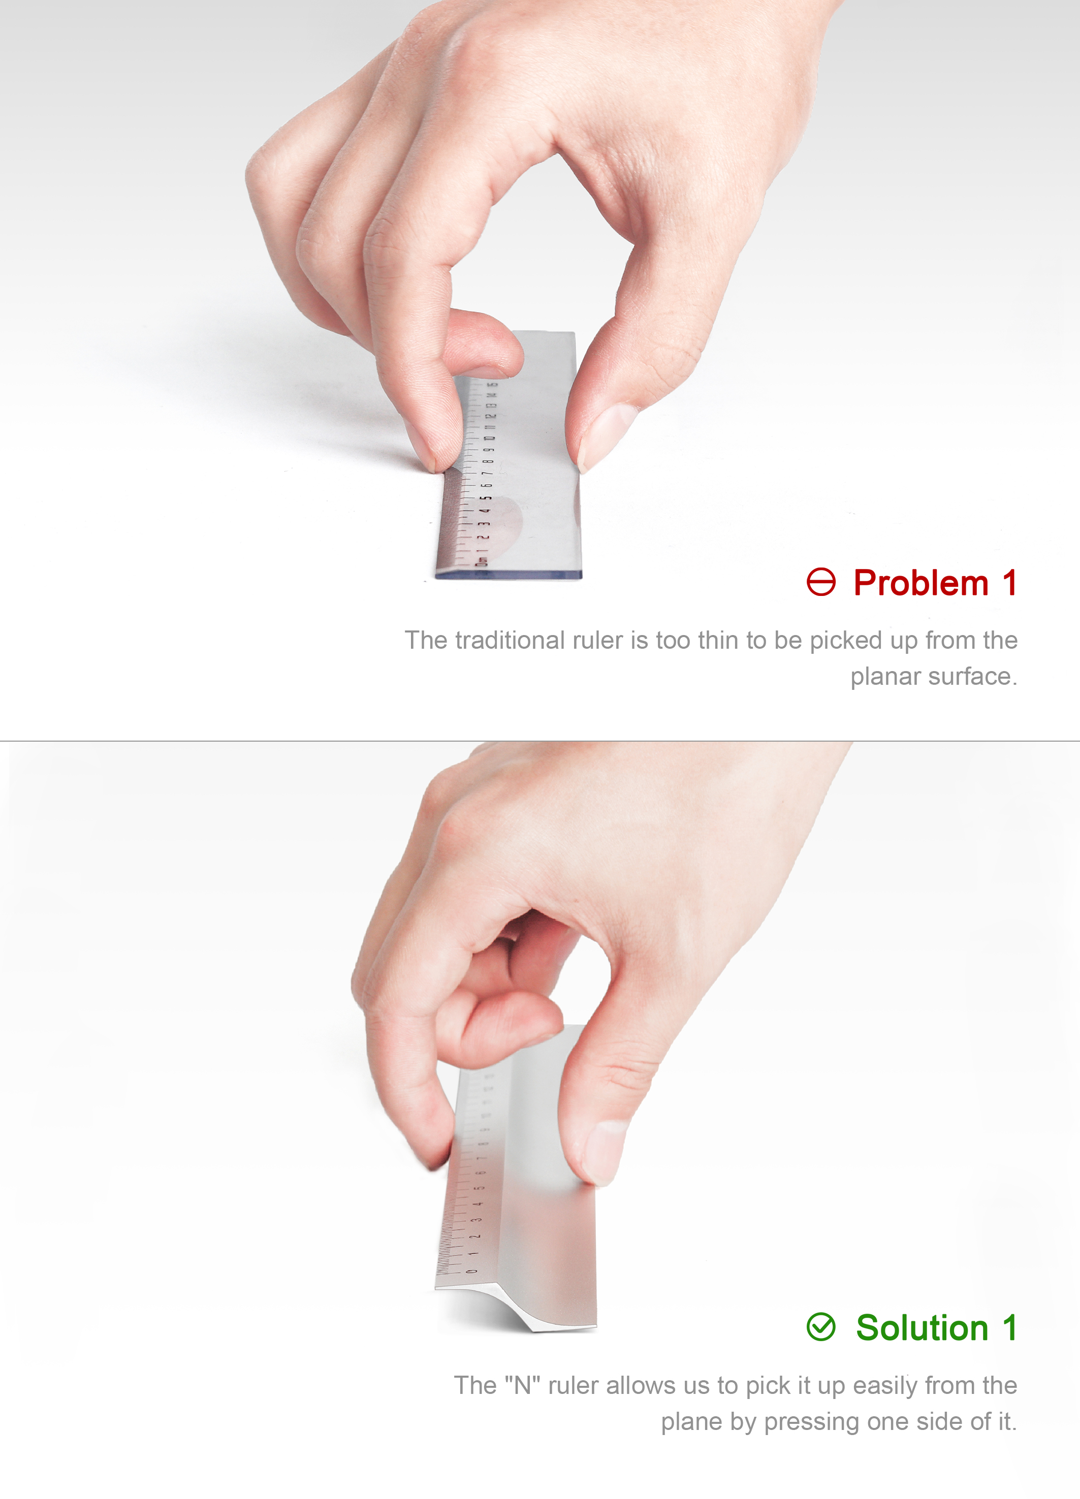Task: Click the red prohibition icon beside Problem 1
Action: (x=821, y=582)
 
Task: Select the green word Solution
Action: (x=922, y=1328)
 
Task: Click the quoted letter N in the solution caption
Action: (x=522, y=1385)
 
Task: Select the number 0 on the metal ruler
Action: (x=471, y=1270)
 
